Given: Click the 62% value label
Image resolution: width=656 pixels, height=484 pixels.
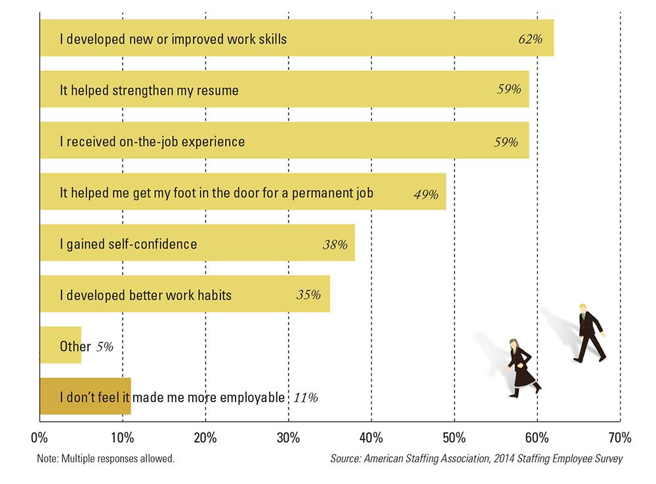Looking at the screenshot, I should coord(530,39).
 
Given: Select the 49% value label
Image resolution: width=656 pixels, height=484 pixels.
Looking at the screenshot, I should coord(426,194).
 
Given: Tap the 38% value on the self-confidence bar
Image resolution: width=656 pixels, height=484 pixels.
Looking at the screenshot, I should coord(335,245).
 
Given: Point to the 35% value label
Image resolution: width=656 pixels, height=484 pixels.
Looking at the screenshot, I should coord(308,295).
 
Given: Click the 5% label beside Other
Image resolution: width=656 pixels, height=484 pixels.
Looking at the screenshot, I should coord(105,346).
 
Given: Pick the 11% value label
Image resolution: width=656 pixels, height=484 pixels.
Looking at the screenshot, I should coord(306,397).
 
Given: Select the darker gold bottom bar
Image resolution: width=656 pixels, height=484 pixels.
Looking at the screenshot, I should coord(85,396).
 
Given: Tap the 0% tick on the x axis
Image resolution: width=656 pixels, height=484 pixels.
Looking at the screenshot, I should coord(39,437).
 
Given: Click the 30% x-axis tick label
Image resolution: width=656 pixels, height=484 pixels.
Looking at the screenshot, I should coord(289,437).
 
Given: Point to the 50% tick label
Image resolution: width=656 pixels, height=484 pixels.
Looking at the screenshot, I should coord(454,437).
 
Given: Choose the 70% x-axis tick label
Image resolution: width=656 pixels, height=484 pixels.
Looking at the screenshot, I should coord(619,437).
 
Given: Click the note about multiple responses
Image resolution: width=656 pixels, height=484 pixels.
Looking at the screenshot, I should coord(106,459).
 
